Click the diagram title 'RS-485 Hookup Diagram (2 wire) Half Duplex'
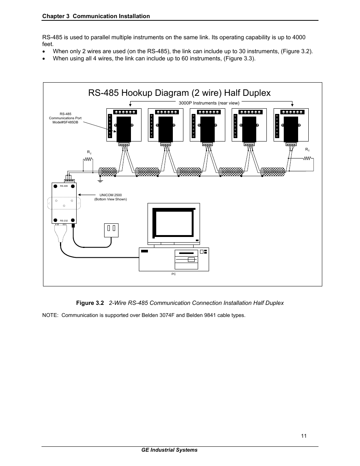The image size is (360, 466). [179, 93]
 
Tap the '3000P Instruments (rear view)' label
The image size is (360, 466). [209, 103]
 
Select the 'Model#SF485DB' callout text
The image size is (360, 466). [65, 122]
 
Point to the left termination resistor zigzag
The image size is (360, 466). [88, 159]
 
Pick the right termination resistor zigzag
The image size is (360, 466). [307, 158]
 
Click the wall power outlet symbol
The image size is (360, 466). [111, 230]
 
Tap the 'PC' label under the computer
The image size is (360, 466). [174, 274]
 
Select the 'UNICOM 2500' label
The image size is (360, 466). [111, 195]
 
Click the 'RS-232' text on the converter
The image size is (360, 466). [63, 220]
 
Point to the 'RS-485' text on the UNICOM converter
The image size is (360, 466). [63, 186]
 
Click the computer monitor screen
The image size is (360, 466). [174, 223]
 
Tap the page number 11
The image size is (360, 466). [304, 436]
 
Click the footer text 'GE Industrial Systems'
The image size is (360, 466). [169, 450]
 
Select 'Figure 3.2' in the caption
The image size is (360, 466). [90, 303]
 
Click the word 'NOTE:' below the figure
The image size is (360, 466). [51, 315]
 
